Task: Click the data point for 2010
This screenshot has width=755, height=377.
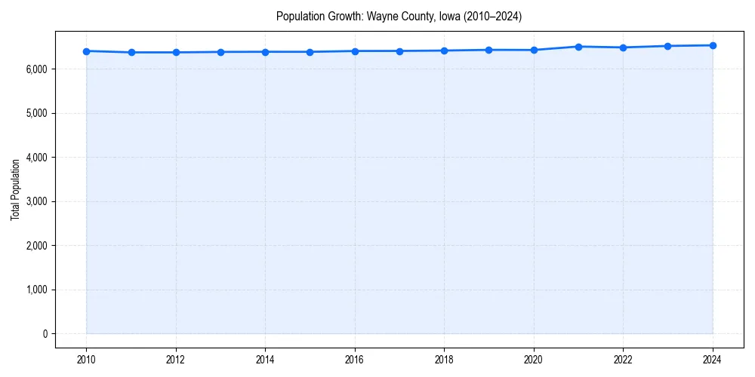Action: click(86, 51)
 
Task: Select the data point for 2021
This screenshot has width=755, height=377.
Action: click(578, 47)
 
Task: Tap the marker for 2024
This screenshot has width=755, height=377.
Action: click(713, 45)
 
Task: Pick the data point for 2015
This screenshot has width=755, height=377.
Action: click(310, 52)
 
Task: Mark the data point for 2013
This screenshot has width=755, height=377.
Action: click(220, 52)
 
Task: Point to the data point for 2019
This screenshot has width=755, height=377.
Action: click(489, 50)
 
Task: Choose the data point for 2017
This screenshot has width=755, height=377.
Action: click(399, 51)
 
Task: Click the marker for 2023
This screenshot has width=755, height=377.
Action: click(668, 46)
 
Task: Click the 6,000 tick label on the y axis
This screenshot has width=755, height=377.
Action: click(35, 69)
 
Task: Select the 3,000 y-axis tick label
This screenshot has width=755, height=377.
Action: click(35, 201)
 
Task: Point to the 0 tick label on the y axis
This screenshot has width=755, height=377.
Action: click(44, 334)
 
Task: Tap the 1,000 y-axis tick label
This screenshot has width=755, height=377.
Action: click(35, 290)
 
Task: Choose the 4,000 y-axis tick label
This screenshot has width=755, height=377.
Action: click(35, 158)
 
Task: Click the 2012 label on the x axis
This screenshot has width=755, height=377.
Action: click(176, 360)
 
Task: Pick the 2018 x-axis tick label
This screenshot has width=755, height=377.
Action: click(444, 360)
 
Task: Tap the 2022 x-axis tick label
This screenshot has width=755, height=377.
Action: click(623, 360)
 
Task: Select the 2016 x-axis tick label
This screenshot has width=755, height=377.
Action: click(355, 360)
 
